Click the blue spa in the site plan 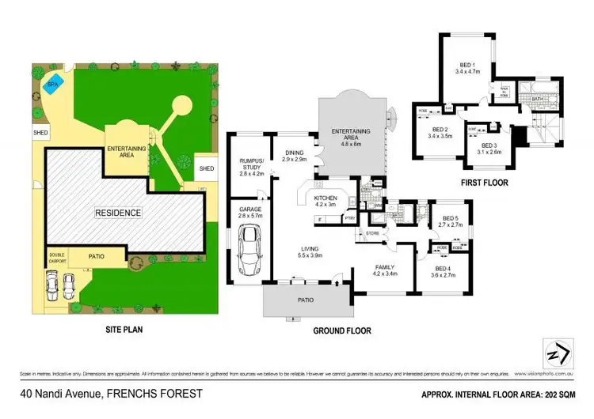coord(51,85)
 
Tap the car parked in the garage coord(251,245)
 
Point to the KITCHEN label coord(326,197)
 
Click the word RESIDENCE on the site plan coord(119,213)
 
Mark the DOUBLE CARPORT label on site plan coord(58,256)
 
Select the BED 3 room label coord(492,145)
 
